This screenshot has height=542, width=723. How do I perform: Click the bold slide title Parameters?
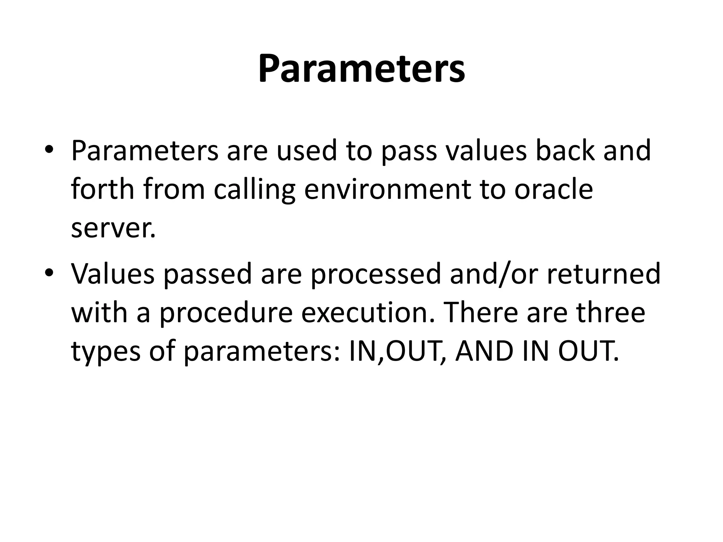coord(361,69)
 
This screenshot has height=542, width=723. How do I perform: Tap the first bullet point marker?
coord(49,150)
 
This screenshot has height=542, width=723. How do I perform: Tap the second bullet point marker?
coord(49,273)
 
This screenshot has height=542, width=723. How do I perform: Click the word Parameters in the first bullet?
coord(145,151)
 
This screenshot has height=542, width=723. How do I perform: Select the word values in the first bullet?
coord(486,151)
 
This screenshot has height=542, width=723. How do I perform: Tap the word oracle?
coord(553,189)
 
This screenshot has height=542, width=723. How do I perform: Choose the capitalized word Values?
coord(113,274)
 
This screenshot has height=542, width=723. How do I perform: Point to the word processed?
coord(376,275)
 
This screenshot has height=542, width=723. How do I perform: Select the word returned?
coord(604,274)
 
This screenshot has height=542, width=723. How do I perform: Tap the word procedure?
coord(226,313)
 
